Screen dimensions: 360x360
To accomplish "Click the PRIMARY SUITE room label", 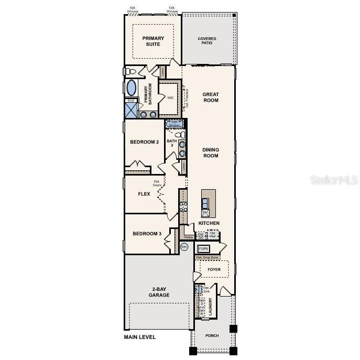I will (153, 41).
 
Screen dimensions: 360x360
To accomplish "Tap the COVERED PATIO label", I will (207, 41).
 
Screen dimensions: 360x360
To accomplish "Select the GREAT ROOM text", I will (211, 97).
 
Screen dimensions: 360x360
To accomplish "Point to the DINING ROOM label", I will (211, 152).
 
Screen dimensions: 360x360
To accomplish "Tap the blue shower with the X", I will (130, 110).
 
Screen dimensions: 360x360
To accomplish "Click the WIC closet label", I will (170, 98).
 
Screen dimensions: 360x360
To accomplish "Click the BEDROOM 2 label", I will (145, 142).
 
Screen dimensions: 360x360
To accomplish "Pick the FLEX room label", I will (144, 194).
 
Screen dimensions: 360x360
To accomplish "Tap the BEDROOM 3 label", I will (147, 234).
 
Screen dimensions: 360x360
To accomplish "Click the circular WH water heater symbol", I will (184, 246).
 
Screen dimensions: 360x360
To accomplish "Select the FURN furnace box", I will (203, 248).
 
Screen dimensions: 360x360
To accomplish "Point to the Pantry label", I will (189, 237).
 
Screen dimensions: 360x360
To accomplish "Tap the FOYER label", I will (214, 270).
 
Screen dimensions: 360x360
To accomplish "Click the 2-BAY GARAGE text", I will (159, 292).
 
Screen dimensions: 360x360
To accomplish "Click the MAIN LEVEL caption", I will (140, 337).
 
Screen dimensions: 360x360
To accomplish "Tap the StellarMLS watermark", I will (334, 180).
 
